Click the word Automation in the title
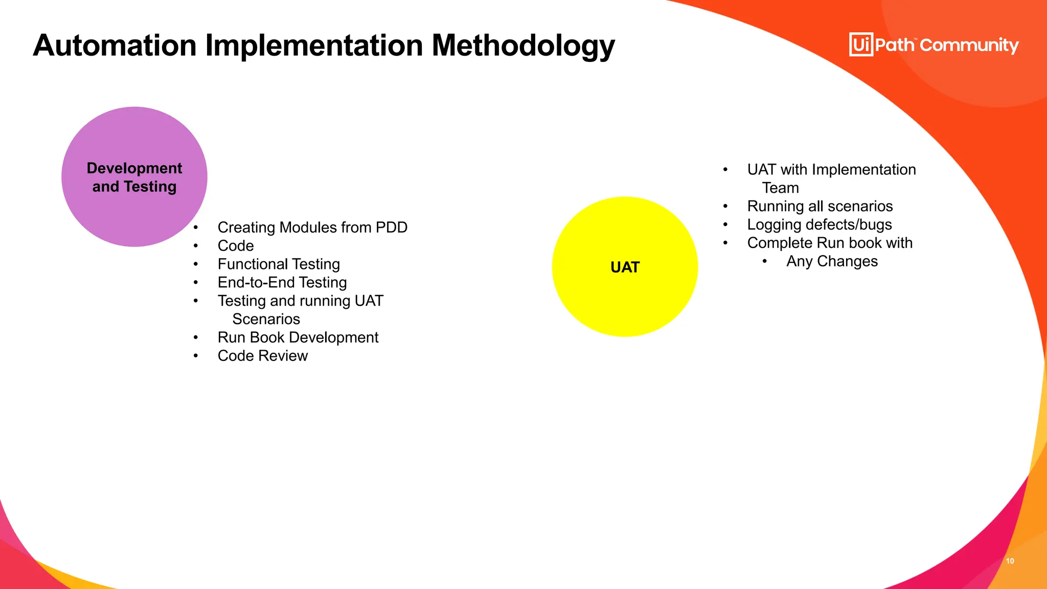coord(115,45)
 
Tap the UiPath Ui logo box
coord(861,44)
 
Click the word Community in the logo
coord(969,45)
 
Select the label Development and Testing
coord(134,177)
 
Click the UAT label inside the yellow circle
coord(625,267)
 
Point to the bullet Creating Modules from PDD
coord(312,228)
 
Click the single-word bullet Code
coord(236,246)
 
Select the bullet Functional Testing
coord(279,264)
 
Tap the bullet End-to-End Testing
coord(282,283)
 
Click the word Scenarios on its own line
coord(266,319)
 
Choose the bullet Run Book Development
coord(298,337)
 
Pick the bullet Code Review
coord(262,356)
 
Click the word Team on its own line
coord(780,188)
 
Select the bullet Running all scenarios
coord(820,207)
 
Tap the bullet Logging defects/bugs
coord(819,225)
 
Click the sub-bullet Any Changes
coord(832,261)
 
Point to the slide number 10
coord(1010,561)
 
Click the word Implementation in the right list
coord(863,170)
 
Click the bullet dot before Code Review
coord(196,356)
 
